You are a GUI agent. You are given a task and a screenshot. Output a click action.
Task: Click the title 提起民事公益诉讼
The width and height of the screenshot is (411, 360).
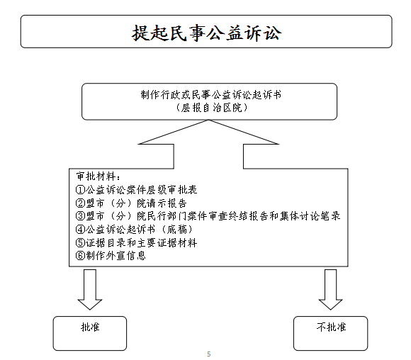pyautogui.click(x=206, y=33)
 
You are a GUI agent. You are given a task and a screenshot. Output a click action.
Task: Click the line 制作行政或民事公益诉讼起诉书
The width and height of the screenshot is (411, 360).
pyautogui.click(x=210, y=95)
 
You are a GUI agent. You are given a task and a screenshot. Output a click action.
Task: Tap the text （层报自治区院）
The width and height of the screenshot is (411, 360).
pyautogui.click(x=211, y=108)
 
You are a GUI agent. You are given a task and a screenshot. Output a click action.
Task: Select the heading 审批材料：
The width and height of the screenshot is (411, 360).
pyautogui.click(x=98, y=176)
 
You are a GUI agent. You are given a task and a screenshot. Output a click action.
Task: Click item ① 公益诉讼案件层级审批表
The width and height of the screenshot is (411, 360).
pyautogui.click(x=136, y=190)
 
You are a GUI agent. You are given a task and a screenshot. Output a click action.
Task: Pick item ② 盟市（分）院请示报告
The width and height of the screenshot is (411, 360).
pyautogui.click(x=131, y=203)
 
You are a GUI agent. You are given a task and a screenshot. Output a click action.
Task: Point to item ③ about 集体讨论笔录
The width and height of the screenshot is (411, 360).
pyautogui.click(x=208, y=216)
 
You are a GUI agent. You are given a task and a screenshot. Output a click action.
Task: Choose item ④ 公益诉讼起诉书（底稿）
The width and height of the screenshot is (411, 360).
pyautogui.click(x=135, y=230)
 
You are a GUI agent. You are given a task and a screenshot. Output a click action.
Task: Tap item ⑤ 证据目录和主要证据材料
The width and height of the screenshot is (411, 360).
pyautogui.click(x=136, y=242)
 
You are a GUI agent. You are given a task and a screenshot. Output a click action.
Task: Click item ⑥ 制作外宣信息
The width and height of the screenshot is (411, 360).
pyautogui.click(x=111, y=256)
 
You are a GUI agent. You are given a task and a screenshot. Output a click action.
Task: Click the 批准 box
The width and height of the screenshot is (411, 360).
pyautogui.click(x=90, y=333)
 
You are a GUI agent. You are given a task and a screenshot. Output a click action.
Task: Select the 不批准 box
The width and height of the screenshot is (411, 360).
pyautogui.click(x=330, y=333)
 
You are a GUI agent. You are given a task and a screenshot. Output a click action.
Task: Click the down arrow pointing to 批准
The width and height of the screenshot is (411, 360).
pyautogui.click(x=90, y=289)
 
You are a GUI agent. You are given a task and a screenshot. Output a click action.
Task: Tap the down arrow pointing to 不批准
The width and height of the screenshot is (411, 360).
pyautogui.click(x=330, y=289)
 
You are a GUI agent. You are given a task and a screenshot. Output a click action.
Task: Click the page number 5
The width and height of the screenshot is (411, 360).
pyautogui.click(x=208, y=354)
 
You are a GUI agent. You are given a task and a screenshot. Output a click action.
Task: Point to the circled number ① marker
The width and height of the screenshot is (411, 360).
pyautogui.click(x=80, y=190)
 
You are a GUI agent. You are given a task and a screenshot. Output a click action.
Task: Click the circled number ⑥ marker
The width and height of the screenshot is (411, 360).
pyautogui.click(x=80, y=256)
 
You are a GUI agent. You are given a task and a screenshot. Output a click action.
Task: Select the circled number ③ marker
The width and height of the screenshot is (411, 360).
pyautogui.click(x=80, y=216)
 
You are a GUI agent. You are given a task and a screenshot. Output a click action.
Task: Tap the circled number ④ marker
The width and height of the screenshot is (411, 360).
pyautogui.click(x=80, y=230)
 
